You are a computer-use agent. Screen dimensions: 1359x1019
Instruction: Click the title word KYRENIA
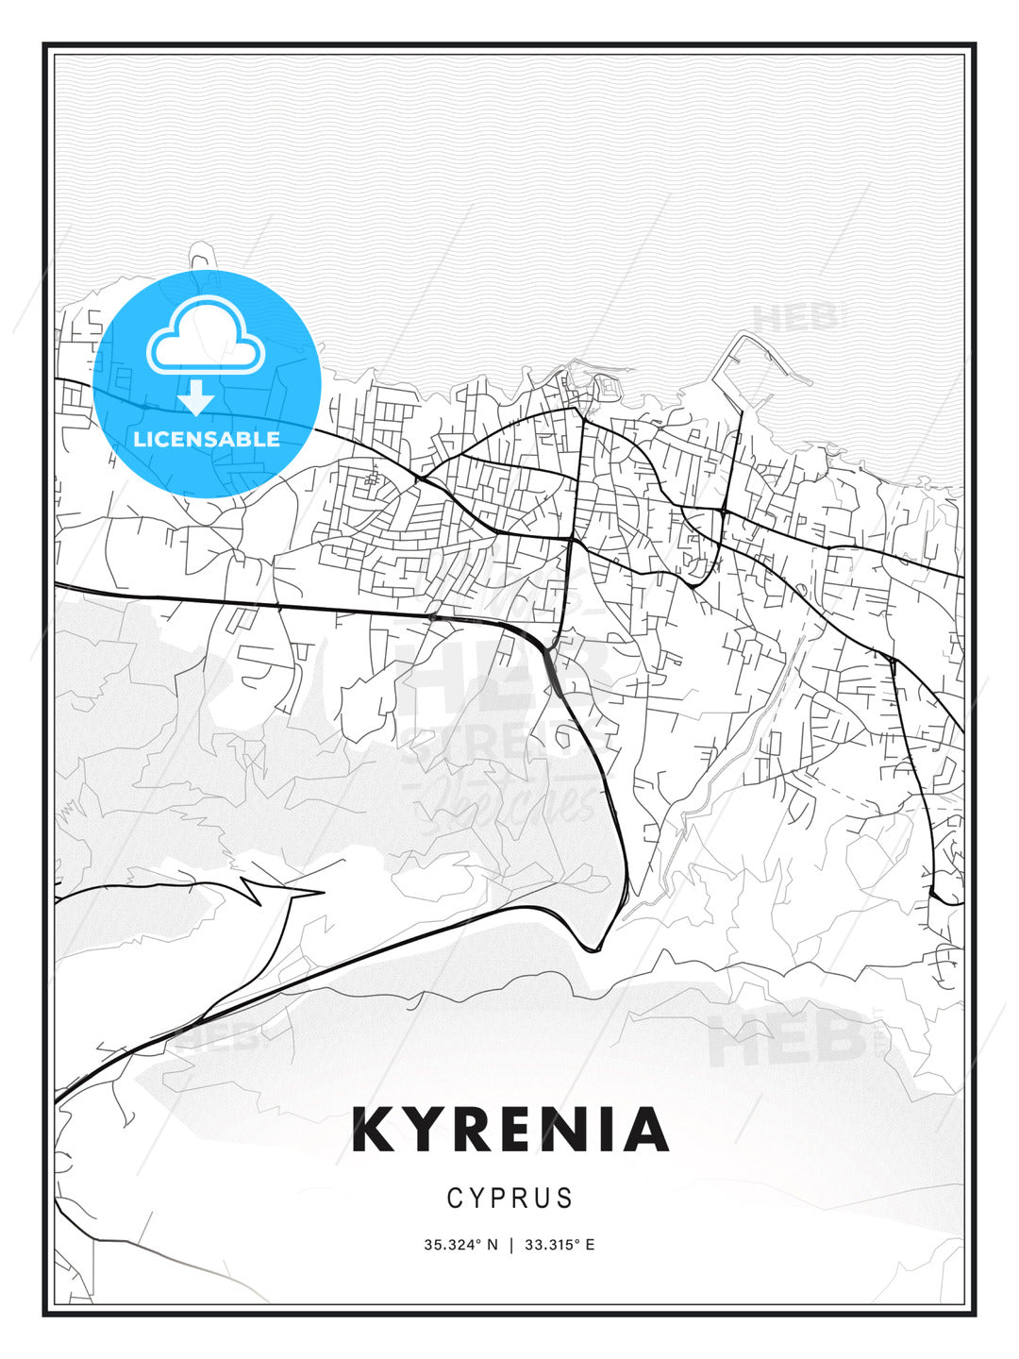(x=510, y=1131)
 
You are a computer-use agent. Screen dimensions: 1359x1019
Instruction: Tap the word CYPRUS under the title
(x=510, y=1198)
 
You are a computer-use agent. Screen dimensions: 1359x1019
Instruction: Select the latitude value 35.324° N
(x=460, y=1245)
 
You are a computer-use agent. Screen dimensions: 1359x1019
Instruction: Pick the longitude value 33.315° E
(x=559, y=1245)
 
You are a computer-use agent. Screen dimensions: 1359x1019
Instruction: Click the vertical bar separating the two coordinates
(x=511, y=1245)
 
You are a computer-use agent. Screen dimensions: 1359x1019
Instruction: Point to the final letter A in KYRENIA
(x=646, y=1131)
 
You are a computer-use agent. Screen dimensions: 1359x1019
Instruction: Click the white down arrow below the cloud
(x=196, y=397)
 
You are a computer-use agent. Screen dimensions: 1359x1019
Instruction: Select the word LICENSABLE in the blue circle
(x=207, y=439)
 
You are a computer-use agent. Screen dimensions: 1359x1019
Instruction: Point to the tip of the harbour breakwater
(x=809, y=382)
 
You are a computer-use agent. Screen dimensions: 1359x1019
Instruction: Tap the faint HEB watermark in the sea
(x=795, y=318)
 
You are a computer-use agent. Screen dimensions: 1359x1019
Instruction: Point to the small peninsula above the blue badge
(x=200, y=256)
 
